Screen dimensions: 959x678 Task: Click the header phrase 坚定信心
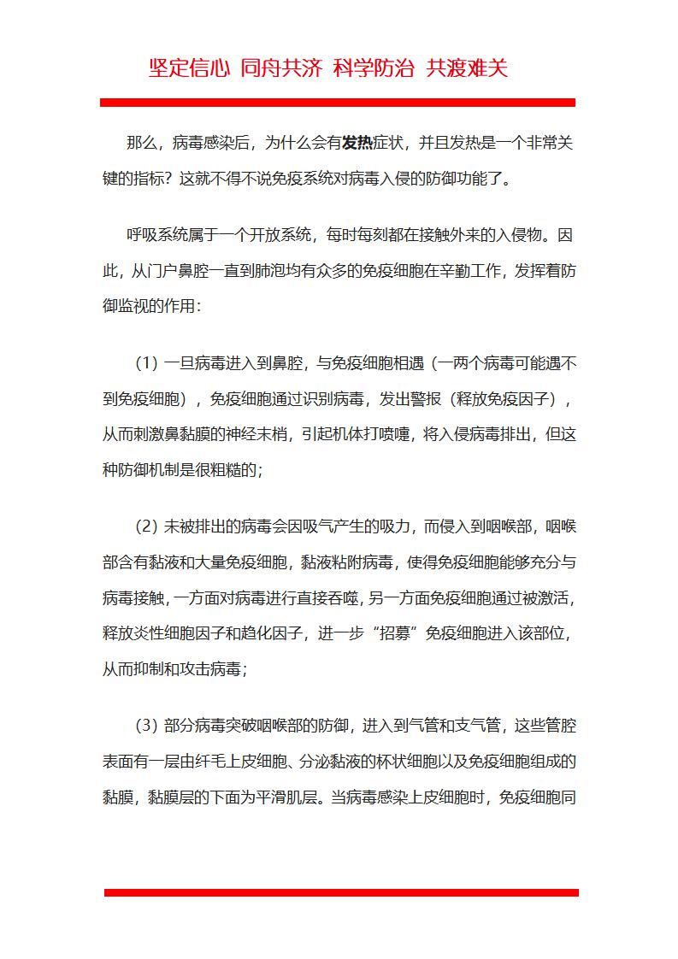[189, 68]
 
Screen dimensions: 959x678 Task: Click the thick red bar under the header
[338, 103]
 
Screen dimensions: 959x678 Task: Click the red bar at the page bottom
[341, 892]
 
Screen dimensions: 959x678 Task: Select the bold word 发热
[358, 143]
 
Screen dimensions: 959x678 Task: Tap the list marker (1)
[146, 363]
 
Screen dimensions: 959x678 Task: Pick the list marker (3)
[146, 727]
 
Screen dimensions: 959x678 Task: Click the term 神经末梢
[253, 434]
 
